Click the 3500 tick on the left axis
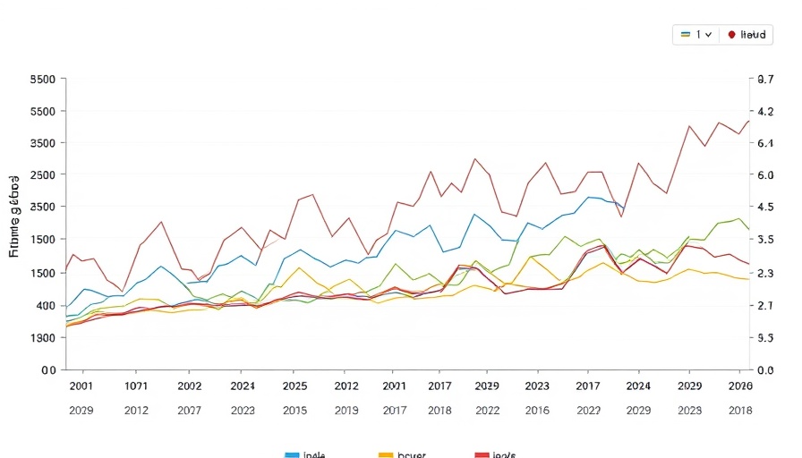tap(43, 143)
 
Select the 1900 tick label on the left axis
tap(43, 338)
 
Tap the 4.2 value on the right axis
tap(765, 112)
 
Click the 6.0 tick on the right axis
tap(765, 175)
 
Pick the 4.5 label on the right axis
tap(765, 207)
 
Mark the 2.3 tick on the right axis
tap(765, 273)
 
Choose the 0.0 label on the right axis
tap(765, 369)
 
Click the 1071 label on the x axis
tap(136, 386)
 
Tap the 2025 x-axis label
tap(294, 386)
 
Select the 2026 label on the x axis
tap(739, 386)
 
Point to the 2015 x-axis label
tap(294, 410)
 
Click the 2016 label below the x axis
tap(537, 410)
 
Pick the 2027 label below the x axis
tap(189, 410)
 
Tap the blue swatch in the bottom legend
tap(292, 454)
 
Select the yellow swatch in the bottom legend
tap(386, 454)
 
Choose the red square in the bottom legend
tap(482, 454)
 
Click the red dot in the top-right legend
tap(732, 34)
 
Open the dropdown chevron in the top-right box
tap(708, 34)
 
